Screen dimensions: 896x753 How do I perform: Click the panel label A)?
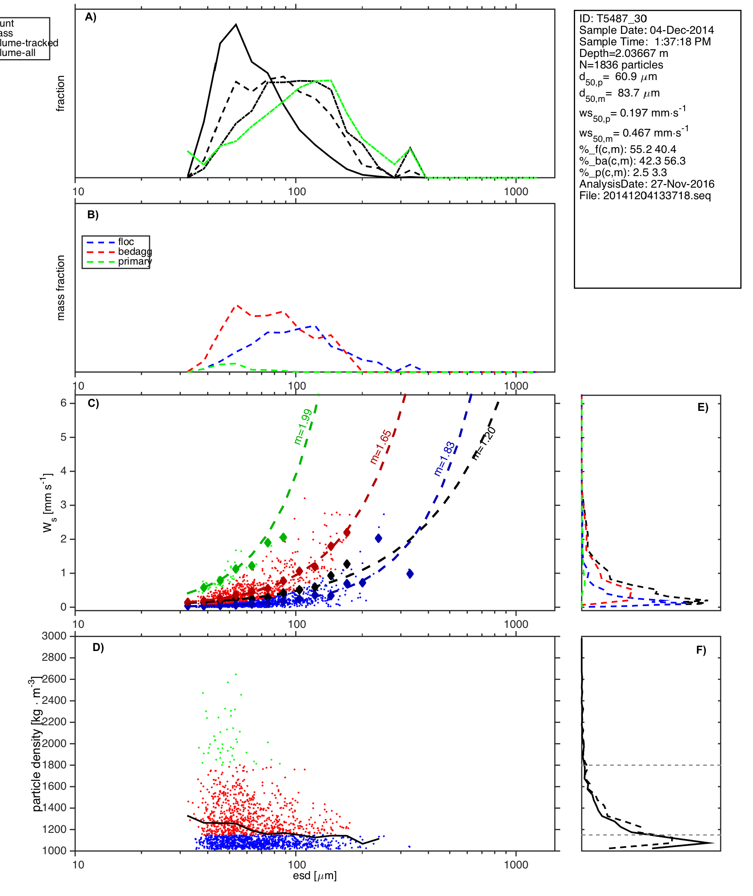click(91, 17)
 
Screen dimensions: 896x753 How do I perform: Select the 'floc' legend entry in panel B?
click(126, 242)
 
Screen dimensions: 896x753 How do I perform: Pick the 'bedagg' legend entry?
click(135, 252)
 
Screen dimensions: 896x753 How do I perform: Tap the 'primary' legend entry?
click(134, 261)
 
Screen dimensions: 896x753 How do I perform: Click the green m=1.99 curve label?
click(303, 427)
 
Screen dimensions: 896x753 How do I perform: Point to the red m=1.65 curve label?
click(381, 447)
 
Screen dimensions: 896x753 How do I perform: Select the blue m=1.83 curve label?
click(445, 459)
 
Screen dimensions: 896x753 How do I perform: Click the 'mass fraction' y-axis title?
click(61, 288)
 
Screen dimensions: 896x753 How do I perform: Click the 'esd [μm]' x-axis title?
click(315, 876)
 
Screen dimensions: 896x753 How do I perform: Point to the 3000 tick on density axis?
click(54, 636)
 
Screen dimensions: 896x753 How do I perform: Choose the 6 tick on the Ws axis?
click(64, 403)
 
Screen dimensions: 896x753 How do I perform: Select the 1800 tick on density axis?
click(54, 765)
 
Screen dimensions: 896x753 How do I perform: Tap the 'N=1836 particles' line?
click(621, 65)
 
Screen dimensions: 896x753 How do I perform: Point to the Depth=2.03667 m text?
click(623, 53)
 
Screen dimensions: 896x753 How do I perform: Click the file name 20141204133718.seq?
click(657, 196)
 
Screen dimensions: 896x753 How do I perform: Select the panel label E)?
click(703, 407)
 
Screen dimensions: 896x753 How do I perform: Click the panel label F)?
click(701, 650)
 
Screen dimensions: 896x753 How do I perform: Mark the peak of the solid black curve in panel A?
click(236, 24)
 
